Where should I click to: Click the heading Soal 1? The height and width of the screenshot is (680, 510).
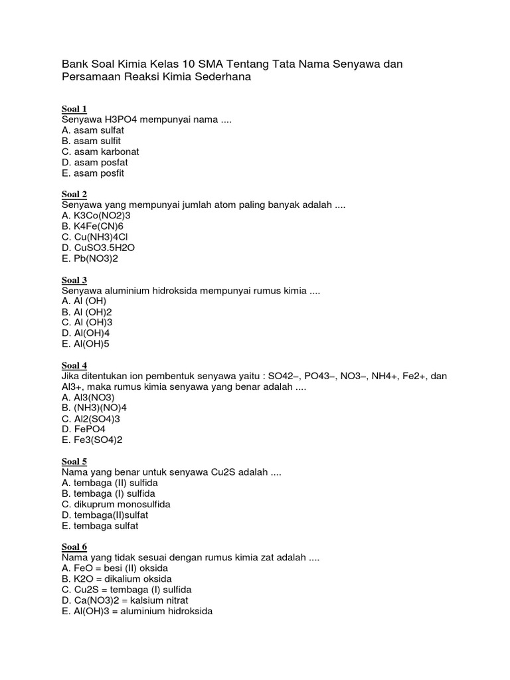[x=74, y=109]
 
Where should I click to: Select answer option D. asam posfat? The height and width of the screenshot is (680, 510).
[x=94, y=163]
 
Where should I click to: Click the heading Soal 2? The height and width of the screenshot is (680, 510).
[x=74, y=194]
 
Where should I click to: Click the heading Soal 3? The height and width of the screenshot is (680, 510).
[x=74, y=280]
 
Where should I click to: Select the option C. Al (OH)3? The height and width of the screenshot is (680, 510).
[x=86, y=323]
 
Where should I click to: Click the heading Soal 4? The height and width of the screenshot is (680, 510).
[x=74, y=365]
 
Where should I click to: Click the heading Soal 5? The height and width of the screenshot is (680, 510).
[x=74, y=462]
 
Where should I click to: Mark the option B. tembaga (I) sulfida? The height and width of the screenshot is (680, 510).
[x=108, y=494]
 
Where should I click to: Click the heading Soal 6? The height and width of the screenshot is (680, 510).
[x=74, y=547]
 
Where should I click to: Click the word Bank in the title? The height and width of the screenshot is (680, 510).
[x=74, y=64]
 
